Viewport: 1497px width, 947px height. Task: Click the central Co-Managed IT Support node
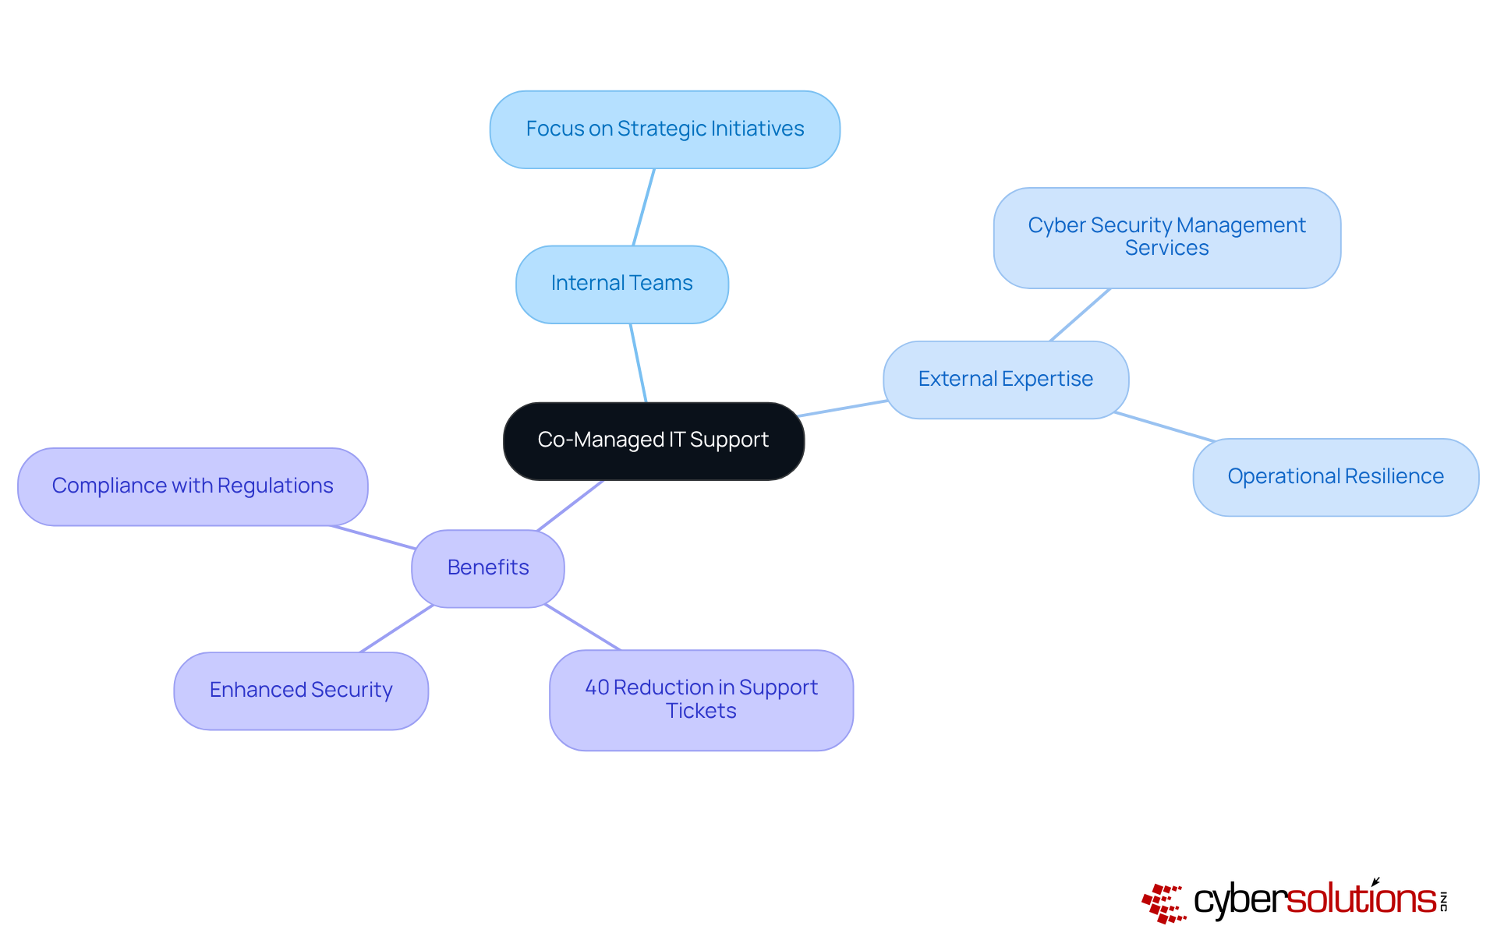pos(653,440)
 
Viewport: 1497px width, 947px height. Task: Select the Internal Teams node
pos(621,284)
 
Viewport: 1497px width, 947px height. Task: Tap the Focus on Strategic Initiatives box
pos(664,129)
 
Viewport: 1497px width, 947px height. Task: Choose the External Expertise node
pos(1005,380)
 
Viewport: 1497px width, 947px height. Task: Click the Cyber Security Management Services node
pos(1166,237)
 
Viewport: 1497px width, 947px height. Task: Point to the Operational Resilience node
pos(1335,477)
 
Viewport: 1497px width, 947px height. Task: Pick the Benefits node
pos(487,568)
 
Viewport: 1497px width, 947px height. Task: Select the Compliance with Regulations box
pos(193,486)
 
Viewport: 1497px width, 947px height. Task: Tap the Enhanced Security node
pos(301,691)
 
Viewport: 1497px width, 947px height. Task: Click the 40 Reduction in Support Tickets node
pos(701,700)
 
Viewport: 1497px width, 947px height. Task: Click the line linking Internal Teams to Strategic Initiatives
pos(643,207)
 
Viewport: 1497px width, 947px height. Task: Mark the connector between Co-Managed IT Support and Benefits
pos(571,505)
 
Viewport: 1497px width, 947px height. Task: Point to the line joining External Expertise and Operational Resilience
pos(1164,426)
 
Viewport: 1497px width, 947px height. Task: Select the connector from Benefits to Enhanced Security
pos(396,628)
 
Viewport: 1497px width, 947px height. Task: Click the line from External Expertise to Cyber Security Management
pos(1080,315)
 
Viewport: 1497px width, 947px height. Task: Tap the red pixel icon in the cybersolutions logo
pos(1163,903)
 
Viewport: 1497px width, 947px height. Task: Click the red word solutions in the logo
pos(1361,899)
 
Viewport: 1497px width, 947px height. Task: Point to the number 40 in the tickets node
pos(596,687)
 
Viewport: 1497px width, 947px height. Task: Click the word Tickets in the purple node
pos(701,712)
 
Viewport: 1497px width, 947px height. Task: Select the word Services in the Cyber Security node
pos(1166,249)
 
